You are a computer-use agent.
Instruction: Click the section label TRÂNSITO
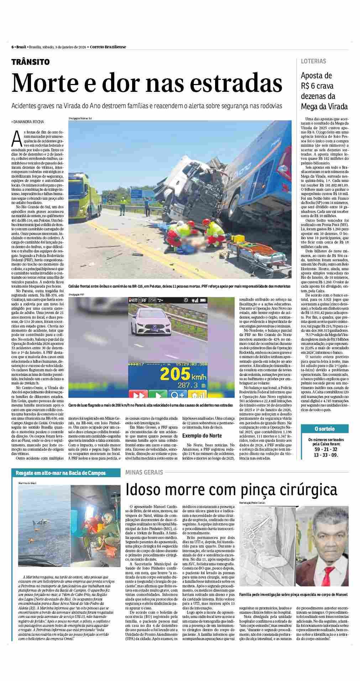pos(30,62)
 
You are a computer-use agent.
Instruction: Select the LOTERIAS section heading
pos(313,61)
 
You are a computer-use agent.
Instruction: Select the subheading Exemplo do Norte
pos(202,435)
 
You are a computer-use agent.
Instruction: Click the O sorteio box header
pos(324,429)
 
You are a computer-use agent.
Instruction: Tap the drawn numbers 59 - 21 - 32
pos(324,449)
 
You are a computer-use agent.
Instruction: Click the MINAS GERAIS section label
pos(144,472)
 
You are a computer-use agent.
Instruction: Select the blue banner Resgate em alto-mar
pos(61,473)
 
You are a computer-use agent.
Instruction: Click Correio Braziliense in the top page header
pos(108,47)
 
